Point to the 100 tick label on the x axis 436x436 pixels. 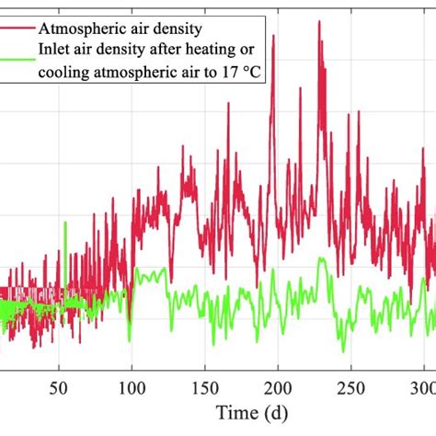coord(132,386)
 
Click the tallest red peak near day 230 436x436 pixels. coord(319,21)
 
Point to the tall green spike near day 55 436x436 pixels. coord(64,223)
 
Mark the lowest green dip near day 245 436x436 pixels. coord(342,352)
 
